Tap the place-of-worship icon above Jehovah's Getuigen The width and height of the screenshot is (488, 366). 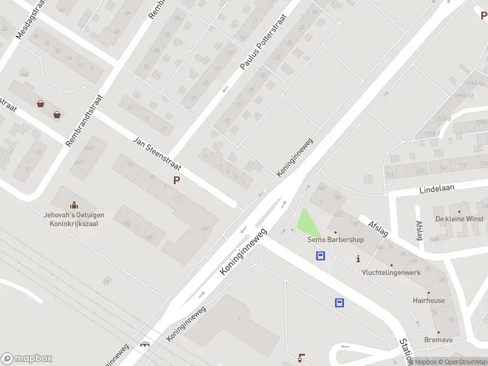click(74, 204)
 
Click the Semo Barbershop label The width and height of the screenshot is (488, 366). click(335, 240)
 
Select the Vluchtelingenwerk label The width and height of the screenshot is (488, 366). click(391, 272)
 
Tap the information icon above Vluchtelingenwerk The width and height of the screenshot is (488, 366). click(358, 259)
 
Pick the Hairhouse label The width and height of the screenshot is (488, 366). click(428, 301)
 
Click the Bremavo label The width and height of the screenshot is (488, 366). click(439, 339)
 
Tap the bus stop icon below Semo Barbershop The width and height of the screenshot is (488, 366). click(320, 256)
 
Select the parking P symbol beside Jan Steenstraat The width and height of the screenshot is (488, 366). click(177, 180)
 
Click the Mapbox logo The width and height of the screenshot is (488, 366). click(27, 359)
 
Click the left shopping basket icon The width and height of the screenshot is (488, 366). click(40, 104)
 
